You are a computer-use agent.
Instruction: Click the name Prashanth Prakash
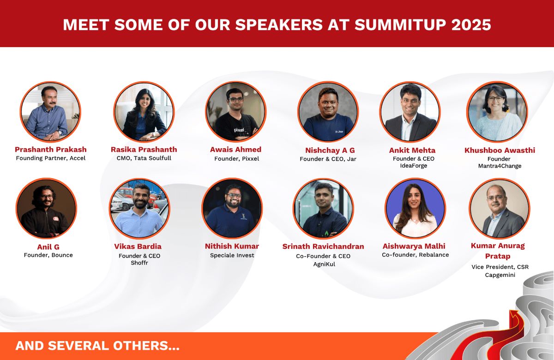(51, 150)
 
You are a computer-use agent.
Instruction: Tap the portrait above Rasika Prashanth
(144, 112)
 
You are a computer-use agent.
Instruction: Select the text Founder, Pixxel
(236, 159)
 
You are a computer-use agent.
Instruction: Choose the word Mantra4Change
(500, 166)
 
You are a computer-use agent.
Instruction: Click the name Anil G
(48, 247)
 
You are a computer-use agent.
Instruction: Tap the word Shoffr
(139, 263)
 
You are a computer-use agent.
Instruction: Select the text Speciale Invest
(232, 255)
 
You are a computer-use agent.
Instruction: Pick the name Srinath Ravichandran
(323, 246)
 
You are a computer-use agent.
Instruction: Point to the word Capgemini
(500, 275)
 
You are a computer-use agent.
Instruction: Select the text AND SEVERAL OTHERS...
(97, 346)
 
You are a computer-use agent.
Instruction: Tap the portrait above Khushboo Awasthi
(497, 112)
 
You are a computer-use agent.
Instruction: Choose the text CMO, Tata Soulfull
(144, 159)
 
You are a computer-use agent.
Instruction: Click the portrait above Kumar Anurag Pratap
(500, 208)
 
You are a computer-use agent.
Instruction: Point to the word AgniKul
(323, 264)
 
